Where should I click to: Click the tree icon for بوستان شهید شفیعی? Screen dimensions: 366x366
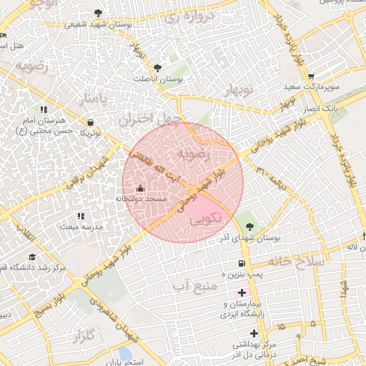tap(98, 13)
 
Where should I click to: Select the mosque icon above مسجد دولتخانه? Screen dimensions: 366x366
tap(139, 189)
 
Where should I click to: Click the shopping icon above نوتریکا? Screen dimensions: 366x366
tap(91, 122)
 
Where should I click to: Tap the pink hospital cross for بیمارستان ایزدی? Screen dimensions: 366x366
tap(242, 293)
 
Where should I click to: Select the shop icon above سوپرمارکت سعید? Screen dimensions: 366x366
tap(311, 76)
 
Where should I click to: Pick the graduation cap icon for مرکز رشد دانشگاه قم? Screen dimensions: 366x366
tap(31, 257)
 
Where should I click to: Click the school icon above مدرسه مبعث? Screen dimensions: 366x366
tap(80, 215)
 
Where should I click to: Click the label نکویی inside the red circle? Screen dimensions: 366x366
tap(207, 217)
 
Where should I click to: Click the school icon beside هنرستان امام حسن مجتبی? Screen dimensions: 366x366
tap(44, 109)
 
